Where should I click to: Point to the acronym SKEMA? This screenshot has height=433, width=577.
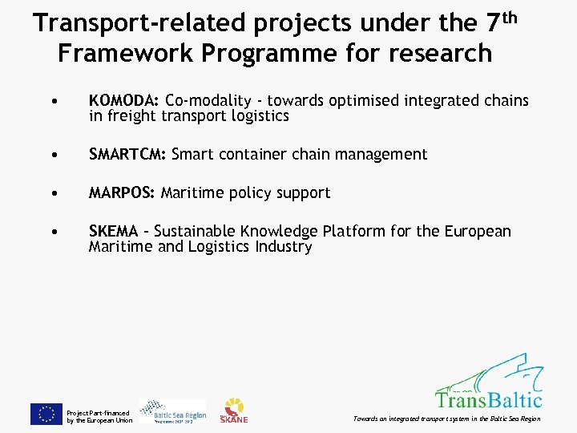113,232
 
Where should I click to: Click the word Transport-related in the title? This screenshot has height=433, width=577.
141,24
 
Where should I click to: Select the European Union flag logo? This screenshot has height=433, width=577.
46,413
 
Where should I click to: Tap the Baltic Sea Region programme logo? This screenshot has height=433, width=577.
172,411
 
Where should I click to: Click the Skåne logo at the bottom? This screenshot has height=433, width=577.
234,411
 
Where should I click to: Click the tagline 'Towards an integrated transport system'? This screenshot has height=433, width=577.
417,419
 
